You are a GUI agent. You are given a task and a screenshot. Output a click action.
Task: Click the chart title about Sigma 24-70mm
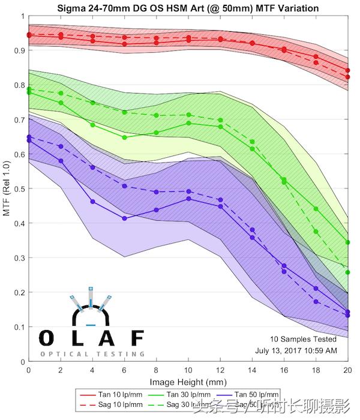(188, 8)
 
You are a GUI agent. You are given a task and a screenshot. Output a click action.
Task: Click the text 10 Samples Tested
(303, 339)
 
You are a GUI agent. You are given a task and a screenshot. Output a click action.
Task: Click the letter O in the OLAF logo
(46, 337)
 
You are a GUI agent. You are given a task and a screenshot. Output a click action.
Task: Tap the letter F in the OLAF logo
(137, 337)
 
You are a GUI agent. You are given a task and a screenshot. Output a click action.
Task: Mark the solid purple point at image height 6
(124, 218)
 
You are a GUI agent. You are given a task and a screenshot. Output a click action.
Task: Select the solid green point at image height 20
(347, 242)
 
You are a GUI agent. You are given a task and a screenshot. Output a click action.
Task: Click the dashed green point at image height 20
(347, 272)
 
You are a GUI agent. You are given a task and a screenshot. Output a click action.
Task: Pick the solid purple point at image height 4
(92, 202)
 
